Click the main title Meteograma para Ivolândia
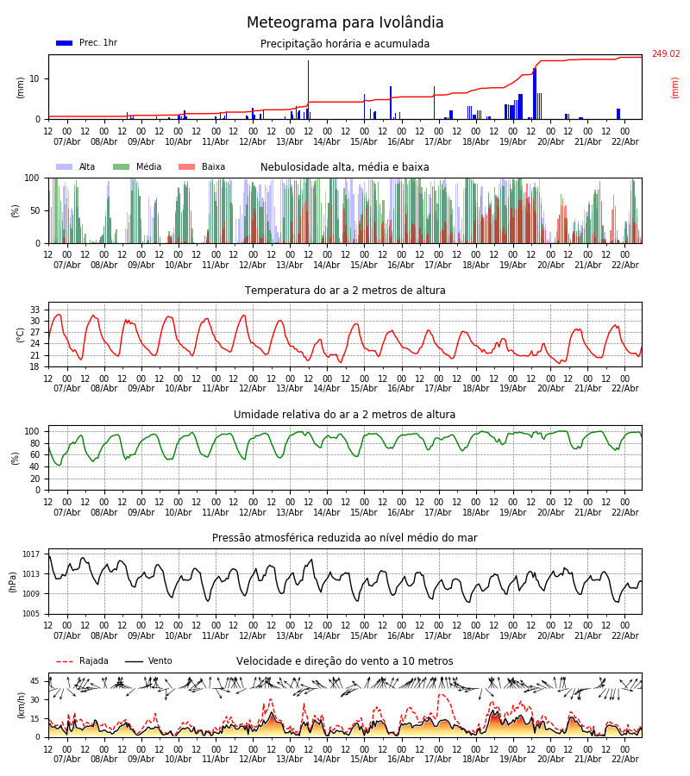pyautogui.click(x=345, y=23)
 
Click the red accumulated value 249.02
pyautogui.click(x=665, y=54)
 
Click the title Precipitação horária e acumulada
pyautogui.click(x=345, y=44)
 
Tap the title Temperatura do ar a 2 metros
pyautogui.click(x=345, y=291)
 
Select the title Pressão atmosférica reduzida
pyautogui.click(x=345, y=538)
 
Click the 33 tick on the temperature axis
pyautogui.click(x=35, y=310)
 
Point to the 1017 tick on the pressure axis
pyautogui.click(x=32, y=554)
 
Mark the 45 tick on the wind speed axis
pyautogui.click(x=35, y=681)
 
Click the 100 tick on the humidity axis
pyautogui.click(x=32, y=431)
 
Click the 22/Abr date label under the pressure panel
pyautogui.click(x=624, y=635)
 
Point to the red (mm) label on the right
pyautogui.click(x=675, y=87)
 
